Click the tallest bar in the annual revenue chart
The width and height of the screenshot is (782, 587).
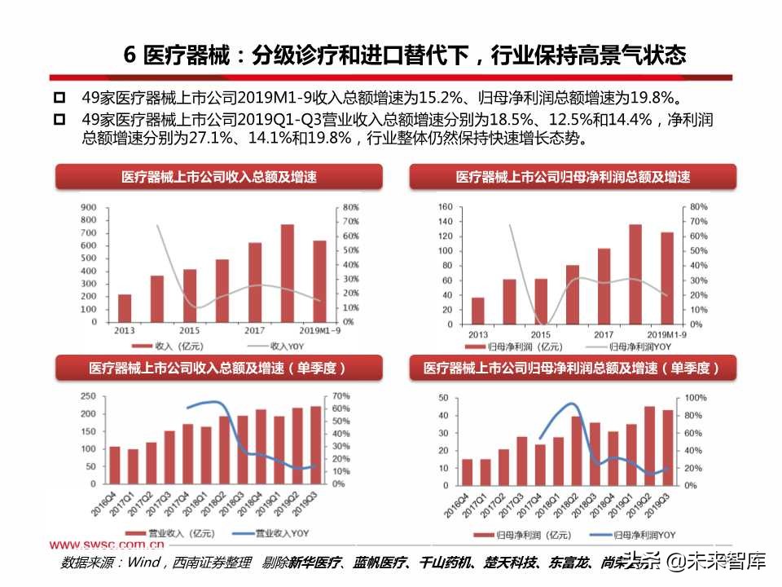(x=288, y=272)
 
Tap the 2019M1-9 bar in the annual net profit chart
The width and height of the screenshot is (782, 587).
(x=667, y=277)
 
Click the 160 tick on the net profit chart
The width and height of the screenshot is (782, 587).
(x=445, y=207)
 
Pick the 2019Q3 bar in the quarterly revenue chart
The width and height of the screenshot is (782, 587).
(x=315, y=444)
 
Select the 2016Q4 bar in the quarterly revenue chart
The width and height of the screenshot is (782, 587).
(x=115, y=465)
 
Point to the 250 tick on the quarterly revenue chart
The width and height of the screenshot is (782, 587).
(x=89, y=397)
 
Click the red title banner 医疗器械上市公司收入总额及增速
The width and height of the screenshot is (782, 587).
(x=218, y=177)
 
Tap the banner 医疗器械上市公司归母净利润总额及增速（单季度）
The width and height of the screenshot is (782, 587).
(x=572, y=369)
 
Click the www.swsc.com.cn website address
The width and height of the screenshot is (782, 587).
(x=108, y=545)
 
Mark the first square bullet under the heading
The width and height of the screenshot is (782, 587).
(x=59, y=99)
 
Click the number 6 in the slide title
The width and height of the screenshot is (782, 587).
(x=129, y=55)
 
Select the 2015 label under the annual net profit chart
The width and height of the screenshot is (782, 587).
(x=541, y=335)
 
